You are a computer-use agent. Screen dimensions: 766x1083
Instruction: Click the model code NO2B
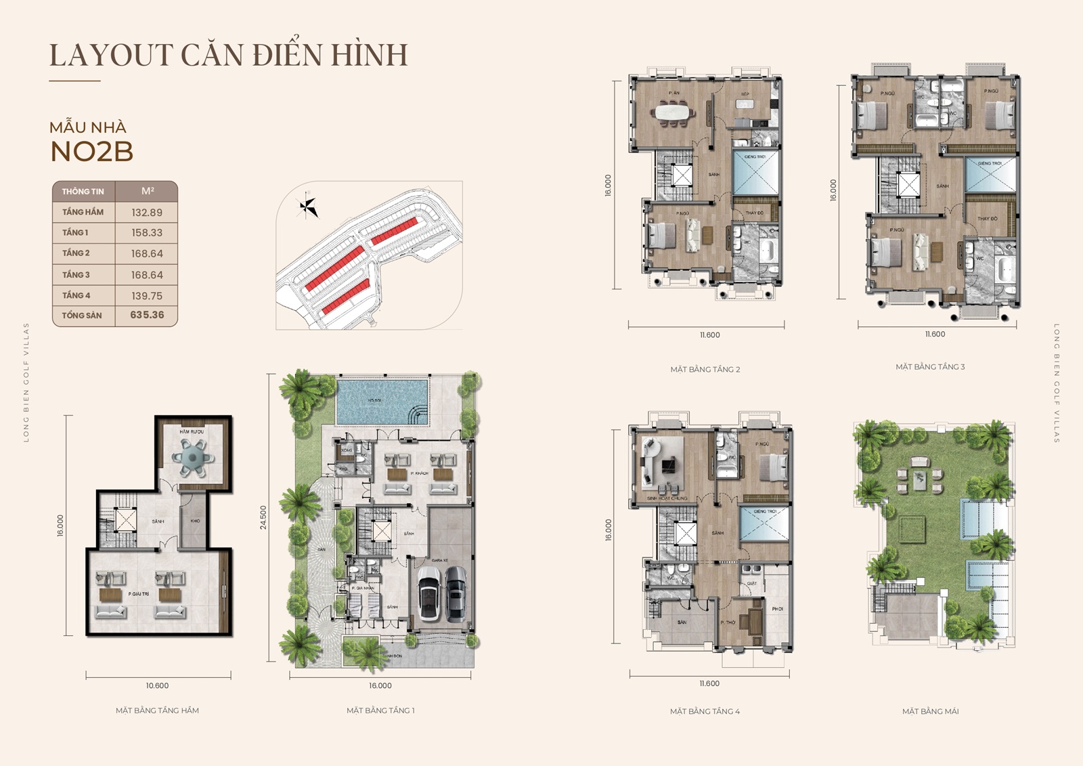tap(92, 152)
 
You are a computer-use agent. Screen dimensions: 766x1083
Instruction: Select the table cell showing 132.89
tap(147, 212)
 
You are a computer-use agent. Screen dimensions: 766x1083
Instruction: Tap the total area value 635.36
tap(147, 315)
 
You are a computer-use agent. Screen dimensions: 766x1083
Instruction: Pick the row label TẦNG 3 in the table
tap(76, 275)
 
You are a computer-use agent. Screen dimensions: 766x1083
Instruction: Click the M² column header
tap(148, 191)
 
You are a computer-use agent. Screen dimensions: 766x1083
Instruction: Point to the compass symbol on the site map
tap(308, 206)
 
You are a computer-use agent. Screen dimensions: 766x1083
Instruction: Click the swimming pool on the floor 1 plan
tap(382, 401)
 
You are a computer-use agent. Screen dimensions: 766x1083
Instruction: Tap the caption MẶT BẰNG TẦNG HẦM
tap(157, 710)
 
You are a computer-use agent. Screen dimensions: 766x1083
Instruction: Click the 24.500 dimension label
tap(263, 517)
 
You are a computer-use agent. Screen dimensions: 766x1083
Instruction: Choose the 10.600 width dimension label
tap(157, 686)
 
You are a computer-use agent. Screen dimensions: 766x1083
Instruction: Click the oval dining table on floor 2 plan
tap(673, 112)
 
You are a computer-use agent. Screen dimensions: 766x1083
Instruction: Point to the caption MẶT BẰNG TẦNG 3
tap(930, 367)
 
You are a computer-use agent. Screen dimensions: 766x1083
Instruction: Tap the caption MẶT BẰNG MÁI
tap(930, 711)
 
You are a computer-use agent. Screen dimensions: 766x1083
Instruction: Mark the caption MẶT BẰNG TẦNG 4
tap(705, 711)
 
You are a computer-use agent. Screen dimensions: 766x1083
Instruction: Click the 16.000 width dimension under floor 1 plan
tap(380, 686)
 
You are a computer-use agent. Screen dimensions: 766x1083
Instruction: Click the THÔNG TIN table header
tap(83, 192)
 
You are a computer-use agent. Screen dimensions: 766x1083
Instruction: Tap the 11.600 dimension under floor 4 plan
tap(709, 684)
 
